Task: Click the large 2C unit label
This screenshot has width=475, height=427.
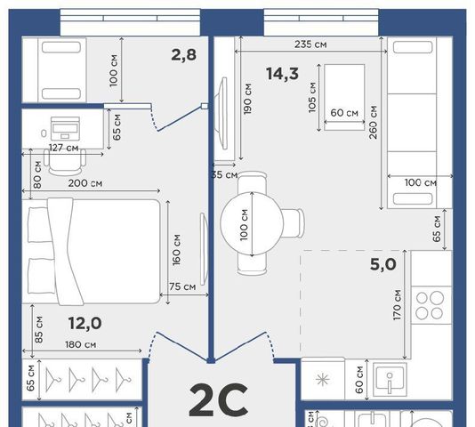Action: click(219, 399)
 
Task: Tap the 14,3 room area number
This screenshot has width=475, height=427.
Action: click(282, 74)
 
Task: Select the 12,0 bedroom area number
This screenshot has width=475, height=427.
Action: click(85, 323)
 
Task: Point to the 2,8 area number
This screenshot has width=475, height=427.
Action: click(183, 55)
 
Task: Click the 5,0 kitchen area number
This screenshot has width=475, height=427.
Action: click(382, 264)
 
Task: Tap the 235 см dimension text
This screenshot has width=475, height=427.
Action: click(310, 44)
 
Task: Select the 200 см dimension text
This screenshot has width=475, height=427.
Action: click(85, 183)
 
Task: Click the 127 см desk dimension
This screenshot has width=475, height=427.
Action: click(64, 148)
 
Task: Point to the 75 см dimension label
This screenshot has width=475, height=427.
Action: click(182, 286)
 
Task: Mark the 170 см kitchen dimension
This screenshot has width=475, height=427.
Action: click(397, 305)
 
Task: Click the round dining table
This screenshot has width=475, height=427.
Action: click(252, 223)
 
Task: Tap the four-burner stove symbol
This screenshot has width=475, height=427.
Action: click(430, 305)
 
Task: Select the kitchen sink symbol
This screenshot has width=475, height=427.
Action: click(390, 380)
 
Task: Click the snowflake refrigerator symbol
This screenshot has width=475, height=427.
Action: click(322, 380)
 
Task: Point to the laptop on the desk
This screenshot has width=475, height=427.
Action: click(65, 128)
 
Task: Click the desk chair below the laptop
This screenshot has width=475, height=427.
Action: click(65, 162)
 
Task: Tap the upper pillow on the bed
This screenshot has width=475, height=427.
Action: click(38, 224)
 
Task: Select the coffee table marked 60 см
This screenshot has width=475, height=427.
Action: click(344, 97)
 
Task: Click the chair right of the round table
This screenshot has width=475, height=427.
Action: click(294, 223)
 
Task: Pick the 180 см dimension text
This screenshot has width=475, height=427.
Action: click(81, 344)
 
